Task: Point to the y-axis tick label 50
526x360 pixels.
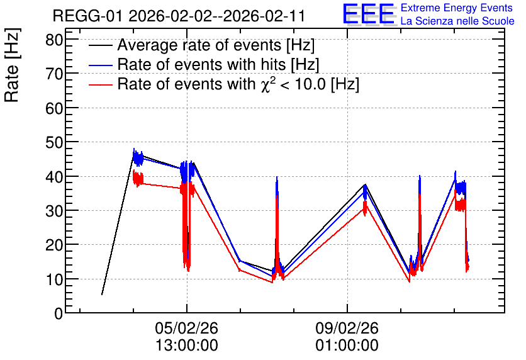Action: tap(54, 143)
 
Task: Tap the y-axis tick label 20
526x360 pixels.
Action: tap(54, 245)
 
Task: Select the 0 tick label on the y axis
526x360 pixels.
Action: tap(59, 314)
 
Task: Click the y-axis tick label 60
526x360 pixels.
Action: tap(54, 108)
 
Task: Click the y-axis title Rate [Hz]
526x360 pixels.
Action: tap(12, 65)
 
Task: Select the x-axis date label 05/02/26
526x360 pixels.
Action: tap(186, 328)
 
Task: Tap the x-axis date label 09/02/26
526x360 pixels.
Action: tap(347, 328)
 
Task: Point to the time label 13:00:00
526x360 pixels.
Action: tap(186, 346)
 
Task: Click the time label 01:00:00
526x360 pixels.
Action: tap(347, 346)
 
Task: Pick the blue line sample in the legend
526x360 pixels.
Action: tap(100, 65)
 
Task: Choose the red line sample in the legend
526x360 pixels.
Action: tap(100, 84)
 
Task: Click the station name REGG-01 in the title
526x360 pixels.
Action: tap(88, 16)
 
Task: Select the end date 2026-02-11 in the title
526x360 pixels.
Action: tap(264, 16)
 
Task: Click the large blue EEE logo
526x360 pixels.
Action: tap(369, 14)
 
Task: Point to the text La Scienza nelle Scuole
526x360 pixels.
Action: tap(457, 21)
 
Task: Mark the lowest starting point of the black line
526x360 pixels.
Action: tap(102, 295)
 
